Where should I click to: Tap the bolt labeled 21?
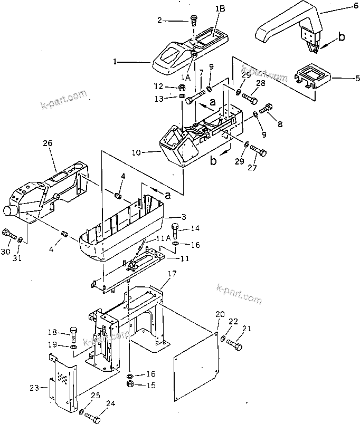tap(235, 346)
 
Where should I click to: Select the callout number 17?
tap(172, 274)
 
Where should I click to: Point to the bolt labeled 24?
tap(93, 417)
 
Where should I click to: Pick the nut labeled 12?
tap(181, 87)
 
